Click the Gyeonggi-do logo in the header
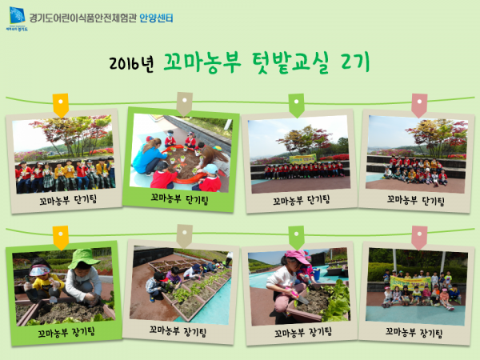point(17,19)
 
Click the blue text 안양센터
point(156,18)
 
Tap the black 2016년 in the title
point(131,63)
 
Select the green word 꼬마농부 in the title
point(202,62)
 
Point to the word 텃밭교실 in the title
point(291,62)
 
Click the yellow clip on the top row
point(61,106)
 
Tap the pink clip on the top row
point(419,106)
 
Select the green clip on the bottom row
point(296,238)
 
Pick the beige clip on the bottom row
point(185,236)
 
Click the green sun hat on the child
point(82,258)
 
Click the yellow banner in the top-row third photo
point(302,159)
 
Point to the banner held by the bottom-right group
point(410,283)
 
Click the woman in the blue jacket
point(150,156)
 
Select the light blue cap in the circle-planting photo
point(210,168)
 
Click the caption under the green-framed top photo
point(179,199)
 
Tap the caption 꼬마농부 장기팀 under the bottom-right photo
point(414,332)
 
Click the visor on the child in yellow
point(39,270)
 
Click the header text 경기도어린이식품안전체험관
point(82,18)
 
